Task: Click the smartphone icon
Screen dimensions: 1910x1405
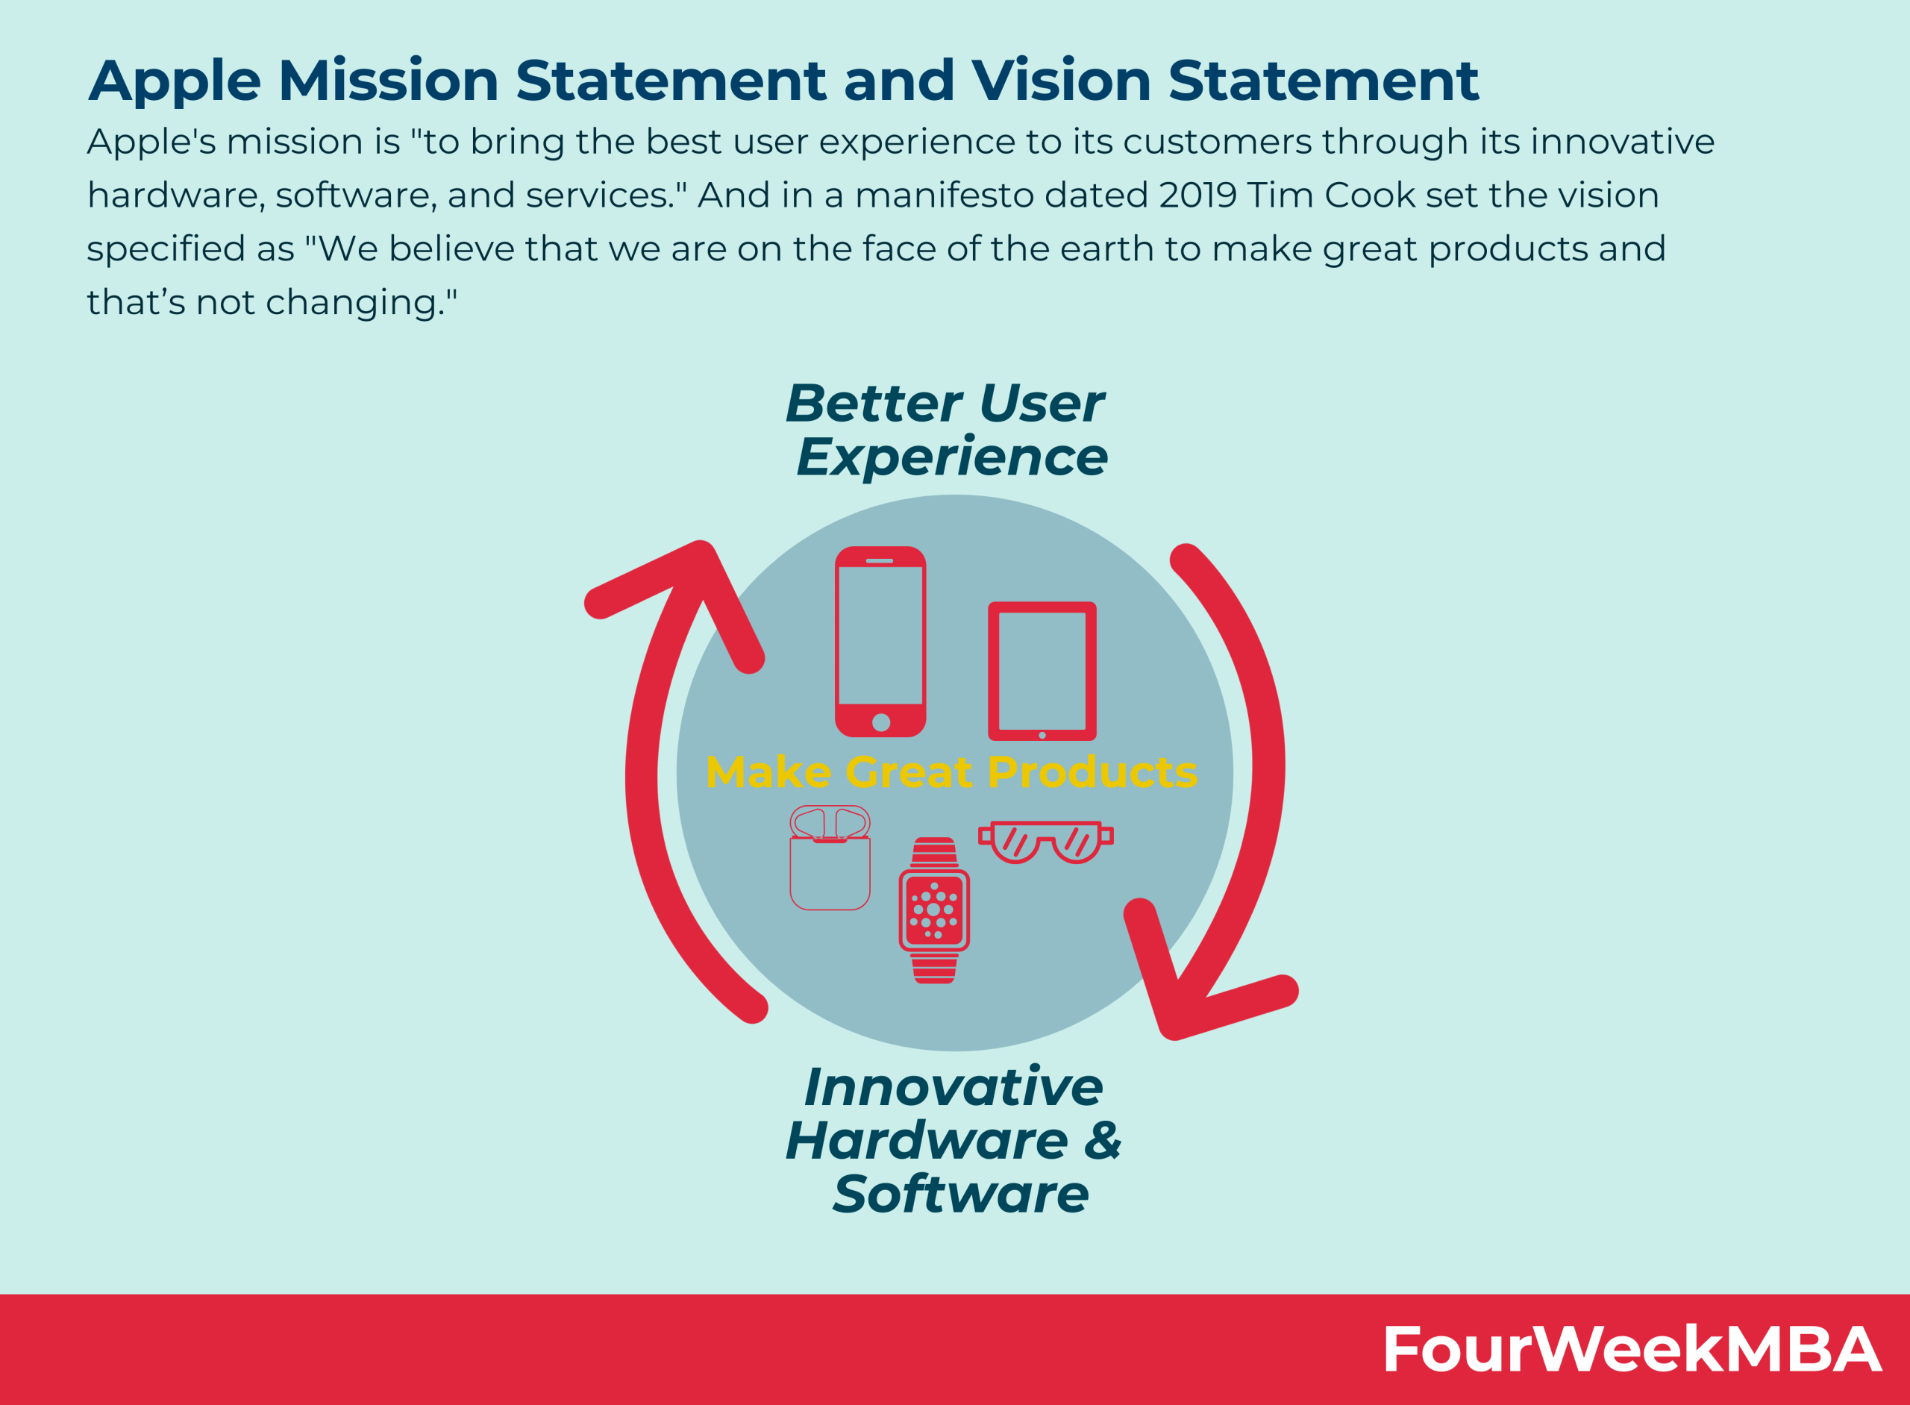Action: click(x=880, y=641)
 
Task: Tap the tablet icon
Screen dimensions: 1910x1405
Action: click(x=1042, y=671)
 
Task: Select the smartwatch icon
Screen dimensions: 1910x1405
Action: click(x=934, y=910)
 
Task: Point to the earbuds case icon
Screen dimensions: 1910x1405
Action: click(x=829, y=857)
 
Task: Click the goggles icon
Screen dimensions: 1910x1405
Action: click(x=1045, y=842)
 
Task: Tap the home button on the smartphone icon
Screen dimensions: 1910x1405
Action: click(x=881, y=722)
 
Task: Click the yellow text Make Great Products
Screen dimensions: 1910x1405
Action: click(x=951, y=772)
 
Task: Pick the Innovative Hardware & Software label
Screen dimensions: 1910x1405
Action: click(x=954, y=1139)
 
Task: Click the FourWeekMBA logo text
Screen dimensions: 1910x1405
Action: click(x=1632, y=1349)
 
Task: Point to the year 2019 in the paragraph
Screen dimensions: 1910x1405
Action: click(x=1197, y=195)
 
